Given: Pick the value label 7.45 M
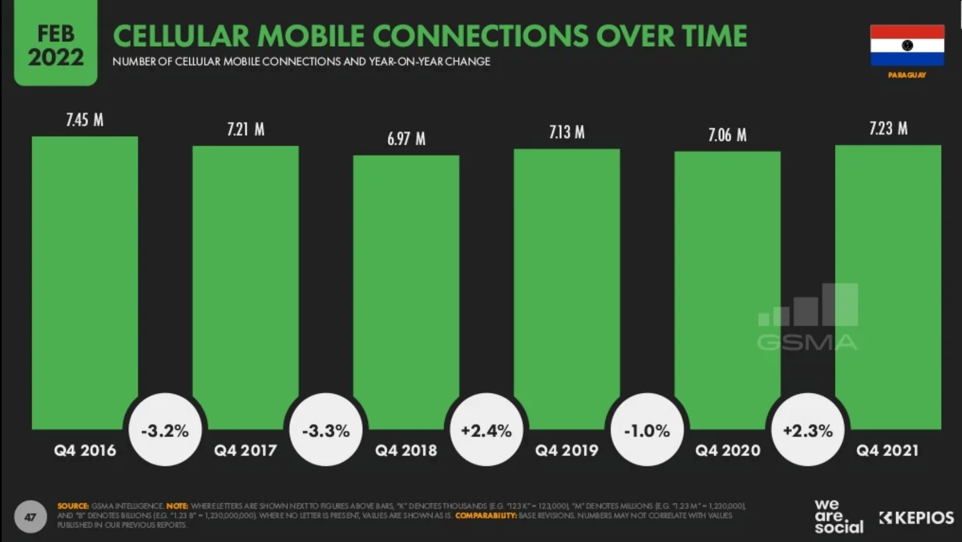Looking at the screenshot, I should pos(85,120).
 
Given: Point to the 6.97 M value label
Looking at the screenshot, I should pos(406,139).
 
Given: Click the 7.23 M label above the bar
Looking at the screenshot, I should pos(888,129).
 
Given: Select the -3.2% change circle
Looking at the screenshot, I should pos(165,430).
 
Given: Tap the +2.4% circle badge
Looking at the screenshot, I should pos(486,430).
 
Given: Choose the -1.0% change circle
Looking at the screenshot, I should pos(647,430).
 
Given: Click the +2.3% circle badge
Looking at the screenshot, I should pos(807,430).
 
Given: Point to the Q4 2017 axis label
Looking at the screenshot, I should pos(245,450).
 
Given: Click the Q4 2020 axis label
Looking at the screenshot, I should pos(728,450).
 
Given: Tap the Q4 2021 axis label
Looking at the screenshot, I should pos(887,450).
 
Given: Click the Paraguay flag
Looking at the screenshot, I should pos(907,45).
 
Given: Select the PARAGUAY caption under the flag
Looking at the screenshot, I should pos(907,75).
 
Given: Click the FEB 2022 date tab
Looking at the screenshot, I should pos(56,45).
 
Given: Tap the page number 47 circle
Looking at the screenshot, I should pos(31,517).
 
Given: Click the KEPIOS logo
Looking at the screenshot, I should pos(916,518).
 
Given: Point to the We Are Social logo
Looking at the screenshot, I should pos(839,517).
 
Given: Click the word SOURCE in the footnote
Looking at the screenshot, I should pos(73,506).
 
